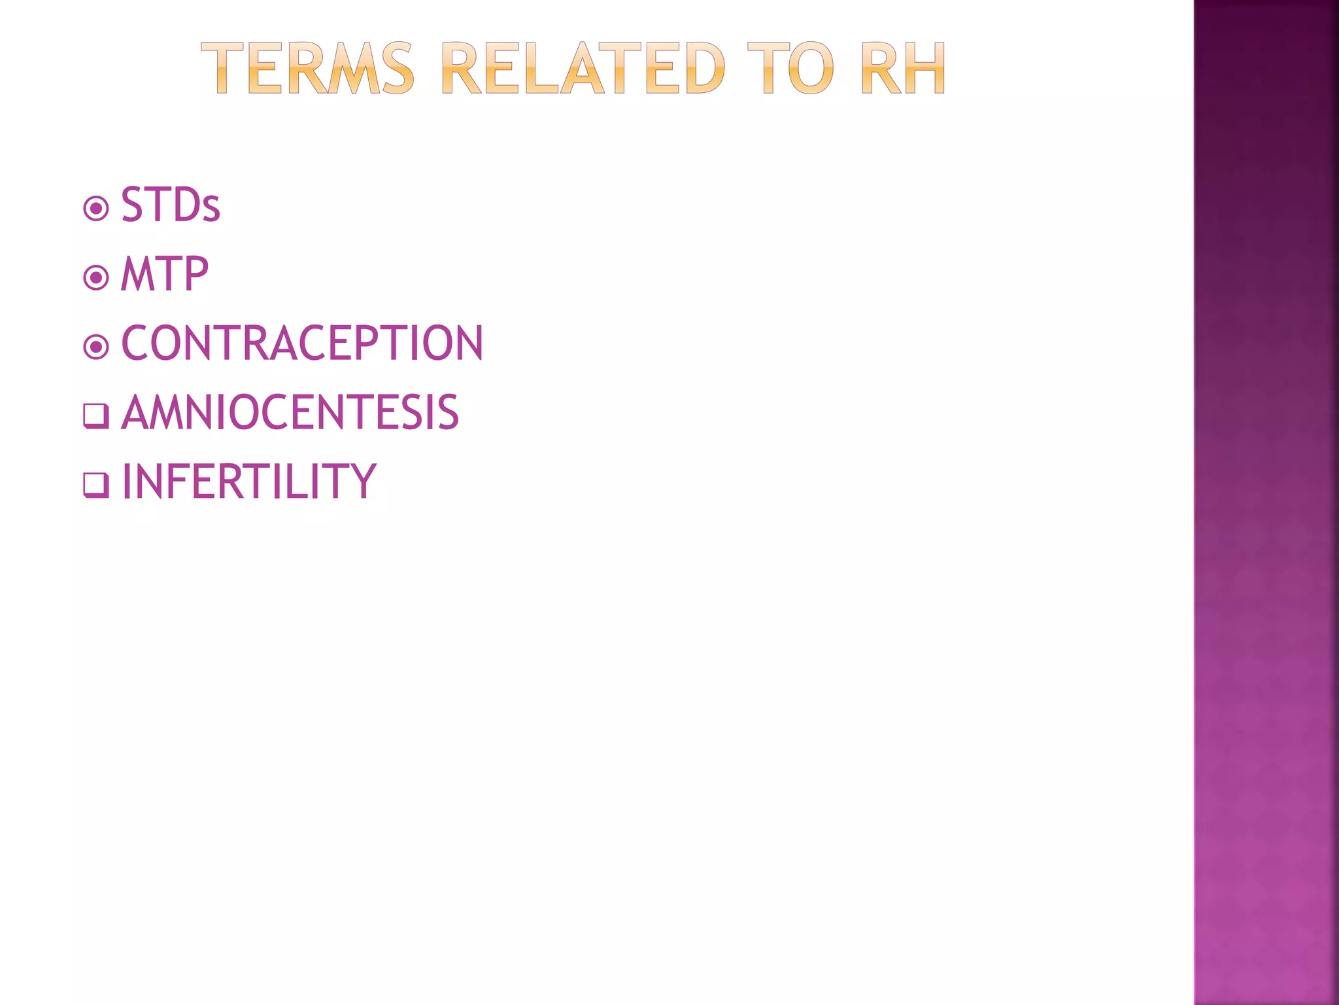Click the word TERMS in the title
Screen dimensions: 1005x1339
click(307, 69)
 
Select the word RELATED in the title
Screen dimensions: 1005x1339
click(583, 69)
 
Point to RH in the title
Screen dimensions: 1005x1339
click(904, 69)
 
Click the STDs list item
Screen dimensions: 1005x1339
click(170, 205)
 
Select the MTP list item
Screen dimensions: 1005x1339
click(165, 274)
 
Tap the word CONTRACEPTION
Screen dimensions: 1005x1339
click(302, 343)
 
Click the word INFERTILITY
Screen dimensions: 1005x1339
click(249, 482)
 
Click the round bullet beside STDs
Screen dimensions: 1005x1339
click(96, 209)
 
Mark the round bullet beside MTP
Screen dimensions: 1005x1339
click(96, 278)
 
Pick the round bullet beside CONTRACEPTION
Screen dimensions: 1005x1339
click(96, 347)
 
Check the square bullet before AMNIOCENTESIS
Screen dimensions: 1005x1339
click(95, 415)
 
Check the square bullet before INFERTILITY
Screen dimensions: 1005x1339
click(95, 485)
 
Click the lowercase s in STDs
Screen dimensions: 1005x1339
click(211, 211)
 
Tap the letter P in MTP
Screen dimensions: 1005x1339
click(195, 274)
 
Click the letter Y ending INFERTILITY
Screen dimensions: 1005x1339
click(362, 482)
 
